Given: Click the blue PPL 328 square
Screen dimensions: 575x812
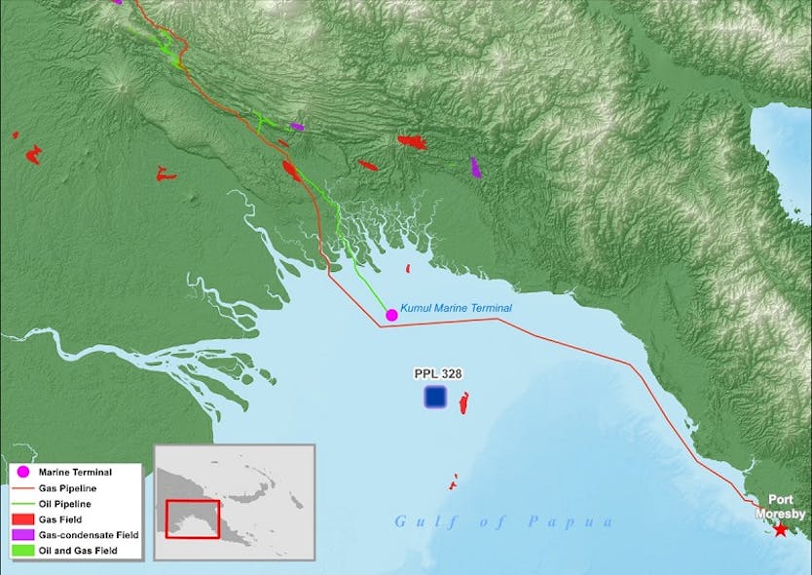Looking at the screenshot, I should pos(435,397).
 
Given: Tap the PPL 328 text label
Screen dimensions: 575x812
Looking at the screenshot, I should pos(437,373).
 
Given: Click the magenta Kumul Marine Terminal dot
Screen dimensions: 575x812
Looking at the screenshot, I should pos(391,315).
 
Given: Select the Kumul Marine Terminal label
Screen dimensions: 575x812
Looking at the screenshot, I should pos(456,307).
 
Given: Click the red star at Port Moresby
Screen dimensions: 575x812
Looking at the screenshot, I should pos(780,529).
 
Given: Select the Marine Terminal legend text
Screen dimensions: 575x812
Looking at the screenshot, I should pos(75,473).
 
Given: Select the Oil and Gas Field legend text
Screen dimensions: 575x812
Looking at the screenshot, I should pos(78,551).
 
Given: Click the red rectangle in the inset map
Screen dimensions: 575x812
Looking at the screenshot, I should pos(193,518).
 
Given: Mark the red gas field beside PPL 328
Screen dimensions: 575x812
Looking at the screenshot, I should pos(464,402).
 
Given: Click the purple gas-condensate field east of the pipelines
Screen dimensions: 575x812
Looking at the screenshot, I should pos(475,167).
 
